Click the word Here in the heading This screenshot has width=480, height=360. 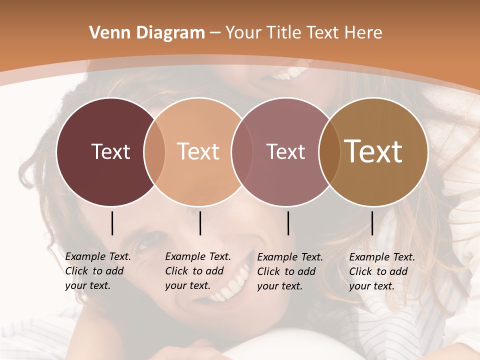(364, 33)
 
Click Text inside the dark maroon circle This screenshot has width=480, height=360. (110, 151)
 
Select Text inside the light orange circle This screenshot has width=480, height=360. (198, 151)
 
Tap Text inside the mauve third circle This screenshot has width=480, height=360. (285, 151)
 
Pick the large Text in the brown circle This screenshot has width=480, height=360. (373, 151)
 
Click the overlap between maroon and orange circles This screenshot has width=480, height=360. (154, 151)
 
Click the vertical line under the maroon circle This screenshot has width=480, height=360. (112, 223)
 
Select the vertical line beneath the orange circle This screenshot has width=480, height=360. (200, 223)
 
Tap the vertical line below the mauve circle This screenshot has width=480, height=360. (288, 223)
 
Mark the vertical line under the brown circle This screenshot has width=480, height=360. (372, 223)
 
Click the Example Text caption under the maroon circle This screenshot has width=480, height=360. (98, 271)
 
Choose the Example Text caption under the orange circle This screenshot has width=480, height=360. (198, 271)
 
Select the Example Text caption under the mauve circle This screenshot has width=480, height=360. (290, 271)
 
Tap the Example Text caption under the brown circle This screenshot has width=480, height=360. (382, 271)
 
